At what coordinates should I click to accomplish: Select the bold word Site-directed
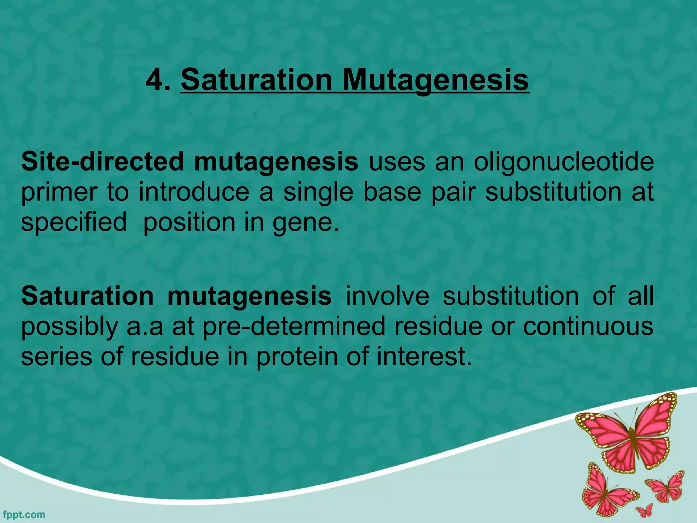[103, 161]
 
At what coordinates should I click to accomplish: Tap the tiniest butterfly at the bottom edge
[644, 510]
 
